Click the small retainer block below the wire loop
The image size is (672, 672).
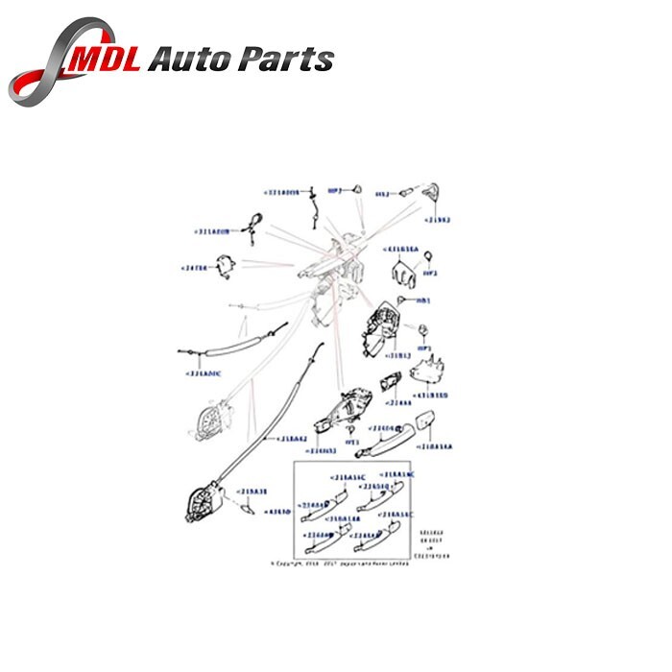click(228, 268)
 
